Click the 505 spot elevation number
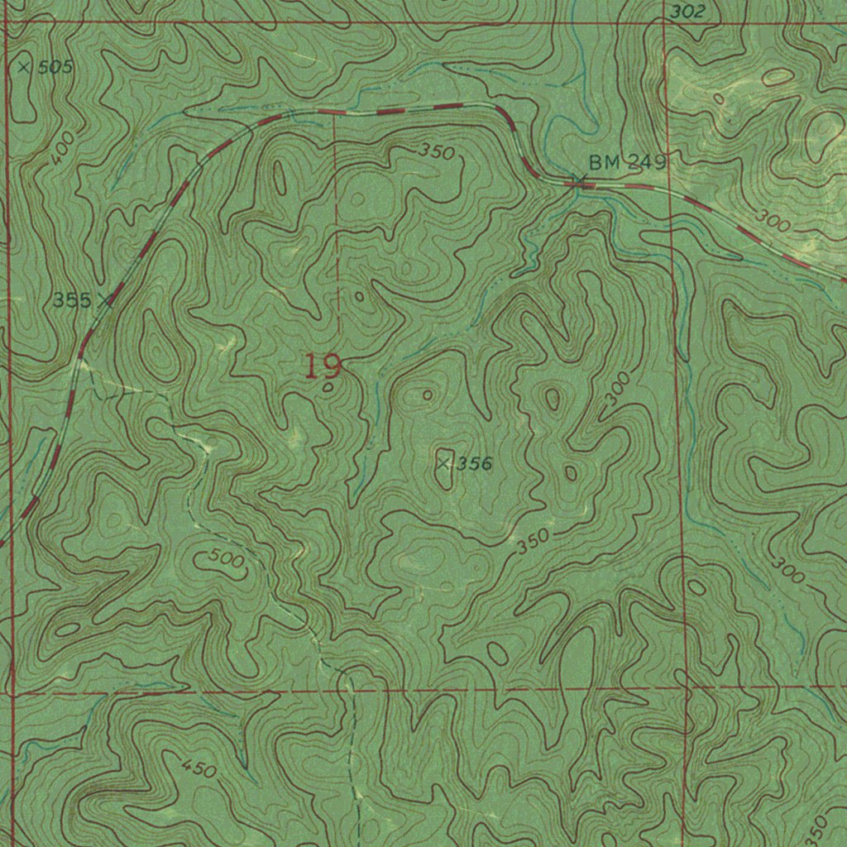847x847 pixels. coord(55,68)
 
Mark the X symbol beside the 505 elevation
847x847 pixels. coord(24,67)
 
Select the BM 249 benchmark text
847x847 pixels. coord(627,162)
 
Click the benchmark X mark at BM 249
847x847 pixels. coord(579,180)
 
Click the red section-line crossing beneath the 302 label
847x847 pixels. coord(665,23)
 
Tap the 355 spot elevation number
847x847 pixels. coord(72,300)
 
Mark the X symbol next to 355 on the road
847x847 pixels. coord(105,299)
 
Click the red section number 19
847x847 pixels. coord(323,366)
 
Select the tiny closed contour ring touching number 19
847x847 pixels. coord(329,386)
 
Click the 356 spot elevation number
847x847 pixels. coord(475,464)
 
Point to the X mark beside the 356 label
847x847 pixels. coord(444,464)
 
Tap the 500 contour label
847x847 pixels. coord(226,559)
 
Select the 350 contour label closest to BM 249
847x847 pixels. coord(436,151)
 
